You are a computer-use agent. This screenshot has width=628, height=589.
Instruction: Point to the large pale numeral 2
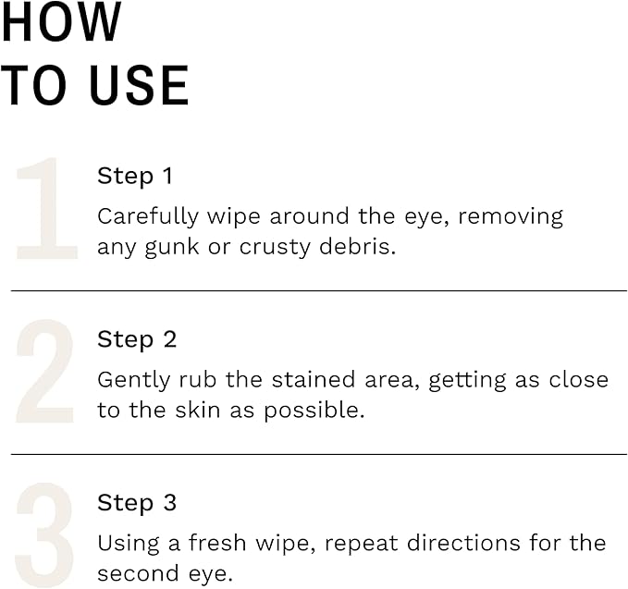[x=45, y=374]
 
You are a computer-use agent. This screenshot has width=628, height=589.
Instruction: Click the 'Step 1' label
[x=135, y=176]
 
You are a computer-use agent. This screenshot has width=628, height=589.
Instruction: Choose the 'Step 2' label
[x=137, y=339]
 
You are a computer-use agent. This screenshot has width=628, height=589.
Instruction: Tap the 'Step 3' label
[x=137, y=503]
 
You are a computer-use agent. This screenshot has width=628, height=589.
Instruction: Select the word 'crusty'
[x=276, y=248]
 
